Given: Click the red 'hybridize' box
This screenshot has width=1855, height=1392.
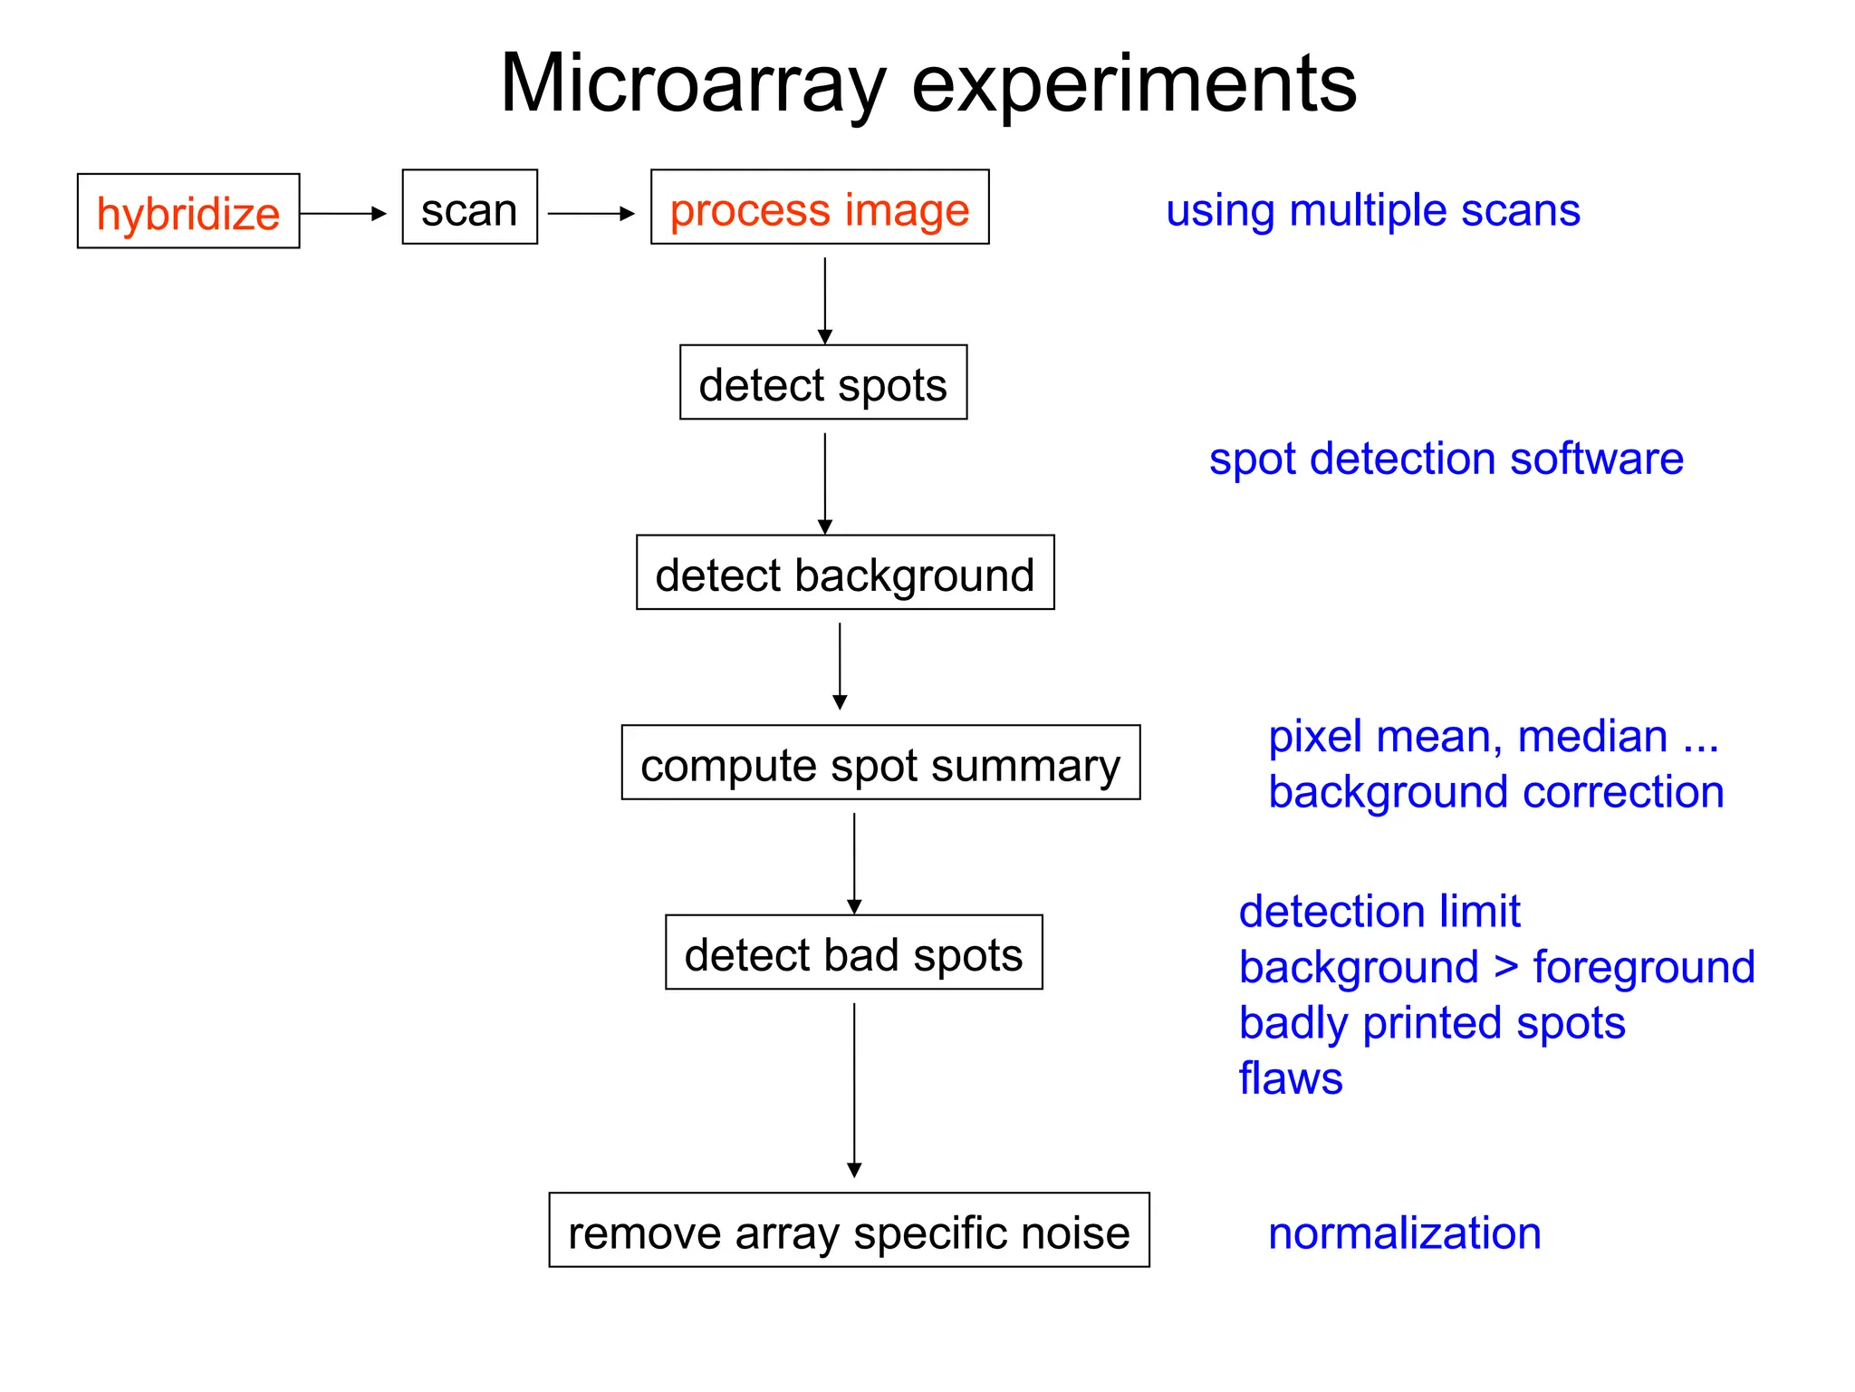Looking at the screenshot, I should coord(188,211).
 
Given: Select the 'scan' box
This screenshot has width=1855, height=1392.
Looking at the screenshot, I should coord(469,208).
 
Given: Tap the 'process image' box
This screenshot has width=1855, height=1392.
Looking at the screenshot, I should coord(820,208).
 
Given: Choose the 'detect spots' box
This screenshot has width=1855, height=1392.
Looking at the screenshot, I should coord(823,382).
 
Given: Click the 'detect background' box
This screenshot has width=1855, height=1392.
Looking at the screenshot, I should coord(845,573).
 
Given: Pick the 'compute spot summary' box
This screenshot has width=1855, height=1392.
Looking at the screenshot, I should coord(880,763).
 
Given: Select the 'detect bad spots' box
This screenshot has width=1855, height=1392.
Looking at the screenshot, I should coord(853,952).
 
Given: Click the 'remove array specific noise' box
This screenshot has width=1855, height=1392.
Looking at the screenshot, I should coord(849,1231).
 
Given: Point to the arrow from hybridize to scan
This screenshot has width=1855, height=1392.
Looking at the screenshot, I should coord(343,214).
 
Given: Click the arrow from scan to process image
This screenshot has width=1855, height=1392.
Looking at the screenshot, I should coord(591,214).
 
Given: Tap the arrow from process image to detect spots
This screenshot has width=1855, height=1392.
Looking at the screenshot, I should coord(824,299).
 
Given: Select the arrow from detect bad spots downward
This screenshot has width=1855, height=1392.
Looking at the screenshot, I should coord(854,1087).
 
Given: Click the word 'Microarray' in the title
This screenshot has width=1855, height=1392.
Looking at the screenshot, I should coord(693,84).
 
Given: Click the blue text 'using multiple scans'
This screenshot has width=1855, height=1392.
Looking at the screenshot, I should coord(1372,210).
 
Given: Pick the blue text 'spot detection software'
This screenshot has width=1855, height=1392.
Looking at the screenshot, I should coord(1446,459).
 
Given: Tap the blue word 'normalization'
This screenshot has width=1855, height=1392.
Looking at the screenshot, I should coord(1404,1233).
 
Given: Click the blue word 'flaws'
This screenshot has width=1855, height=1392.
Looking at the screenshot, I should coord(1290,1078).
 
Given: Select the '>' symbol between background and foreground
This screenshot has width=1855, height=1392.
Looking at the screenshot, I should coord(1505,966).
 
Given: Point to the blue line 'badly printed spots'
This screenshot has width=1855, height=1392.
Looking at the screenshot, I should coord(1431,1023).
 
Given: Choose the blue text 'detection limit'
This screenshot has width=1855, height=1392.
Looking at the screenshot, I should coord(1379,911).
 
